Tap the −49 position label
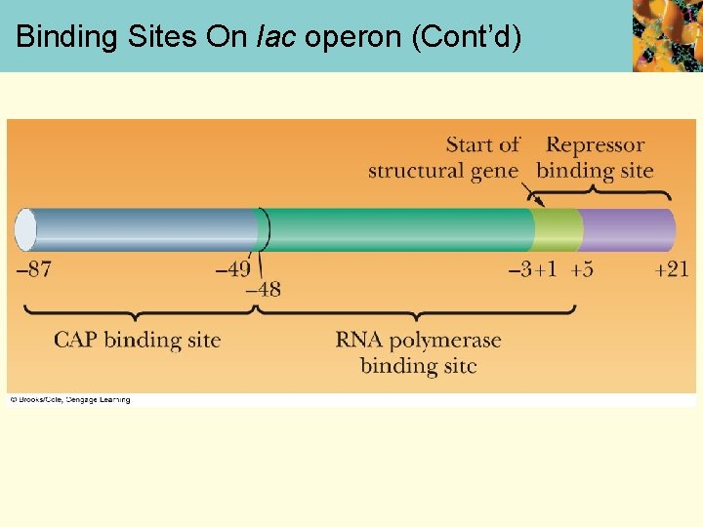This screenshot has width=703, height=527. coord(232,269)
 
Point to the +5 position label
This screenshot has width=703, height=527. coord(582,269)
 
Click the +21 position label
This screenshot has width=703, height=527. coord(672,269)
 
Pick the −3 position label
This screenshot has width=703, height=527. coord(519,269)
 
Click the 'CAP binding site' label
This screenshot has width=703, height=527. coord(137,340)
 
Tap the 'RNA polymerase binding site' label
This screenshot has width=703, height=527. coord(418,352)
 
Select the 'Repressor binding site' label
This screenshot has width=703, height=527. coord(595,157)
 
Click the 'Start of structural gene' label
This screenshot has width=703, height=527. coord(443,157)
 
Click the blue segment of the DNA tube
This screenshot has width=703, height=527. coord(146,230)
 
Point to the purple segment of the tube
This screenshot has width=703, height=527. coord(627,230)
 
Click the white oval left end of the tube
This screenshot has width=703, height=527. coord(25,230)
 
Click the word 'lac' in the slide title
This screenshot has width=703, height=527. coord(277,36)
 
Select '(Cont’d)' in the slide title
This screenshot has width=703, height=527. coord(467,36)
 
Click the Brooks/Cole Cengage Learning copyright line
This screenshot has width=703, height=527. coord(70,399)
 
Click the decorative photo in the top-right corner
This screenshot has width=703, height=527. coord(667,36)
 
